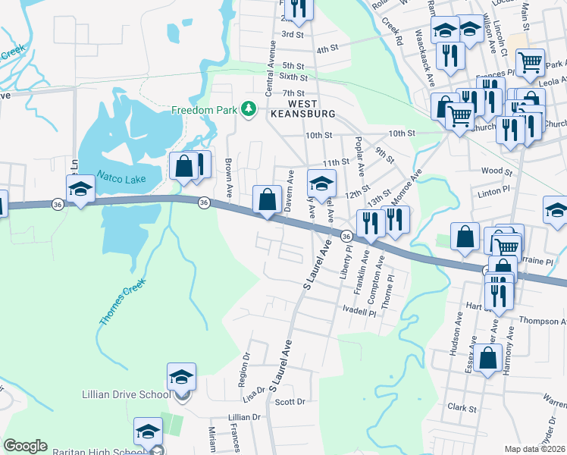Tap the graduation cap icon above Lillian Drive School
pos(181,376)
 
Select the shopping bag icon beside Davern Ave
pos(267,200)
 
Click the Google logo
pos(25,446)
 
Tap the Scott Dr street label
pos(290,402)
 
